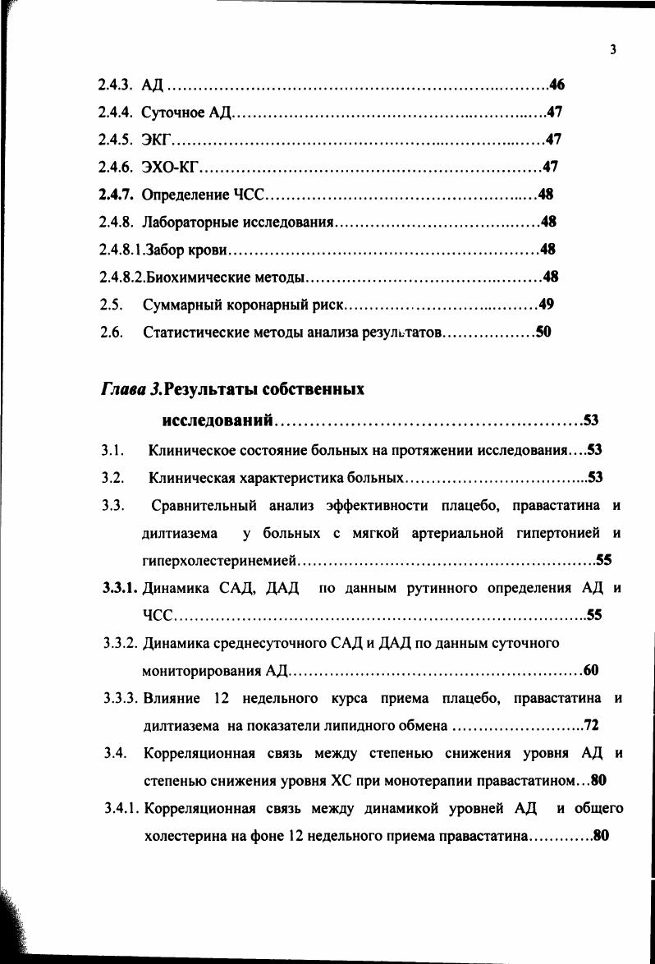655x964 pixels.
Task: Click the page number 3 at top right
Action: pos(613,50)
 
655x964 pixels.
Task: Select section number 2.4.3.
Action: pos(116,85)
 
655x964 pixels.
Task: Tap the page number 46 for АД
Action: pos(556,85)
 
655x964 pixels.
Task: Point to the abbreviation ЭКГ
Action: pos(155,140)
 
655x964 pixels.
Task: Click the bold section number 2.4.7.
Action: pos(116,195)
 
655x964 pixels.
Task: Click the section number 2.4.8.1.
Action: pos(121,249)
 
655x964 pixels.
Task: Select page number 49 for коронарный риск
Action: pos(547,305)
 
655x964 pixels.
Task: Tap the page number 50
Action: pos(543,333)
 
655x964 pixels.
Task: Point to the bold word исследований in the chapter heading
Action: pos(218,421)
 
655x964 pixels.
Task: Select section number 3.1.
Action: pos(112,450)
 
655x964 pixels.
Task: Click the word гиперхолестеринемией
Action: pos(219,561)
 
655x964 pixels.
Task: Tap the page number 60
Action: pos(591,671)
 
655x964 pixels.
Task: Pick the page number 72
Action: pos(591,725)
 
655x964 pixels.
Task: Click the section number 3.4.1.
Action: pos(121,809)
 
